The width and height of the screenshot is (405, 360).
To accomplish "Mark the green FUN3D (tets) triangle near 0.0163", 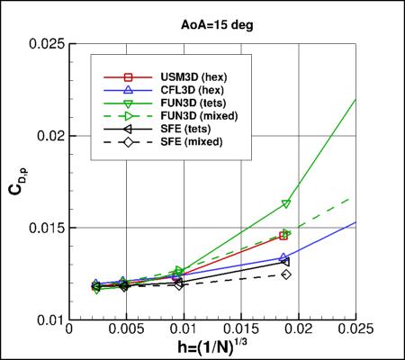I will (286, 204).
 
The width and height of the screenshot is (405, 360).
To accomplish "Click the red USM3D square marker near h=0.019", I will (284, 236).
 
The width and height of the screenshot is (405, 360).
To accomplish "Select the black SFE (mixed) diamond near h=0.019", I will (286, 274).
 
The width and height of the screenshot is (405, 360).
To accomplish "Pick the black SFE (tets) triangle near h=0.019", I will (285, 261).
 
